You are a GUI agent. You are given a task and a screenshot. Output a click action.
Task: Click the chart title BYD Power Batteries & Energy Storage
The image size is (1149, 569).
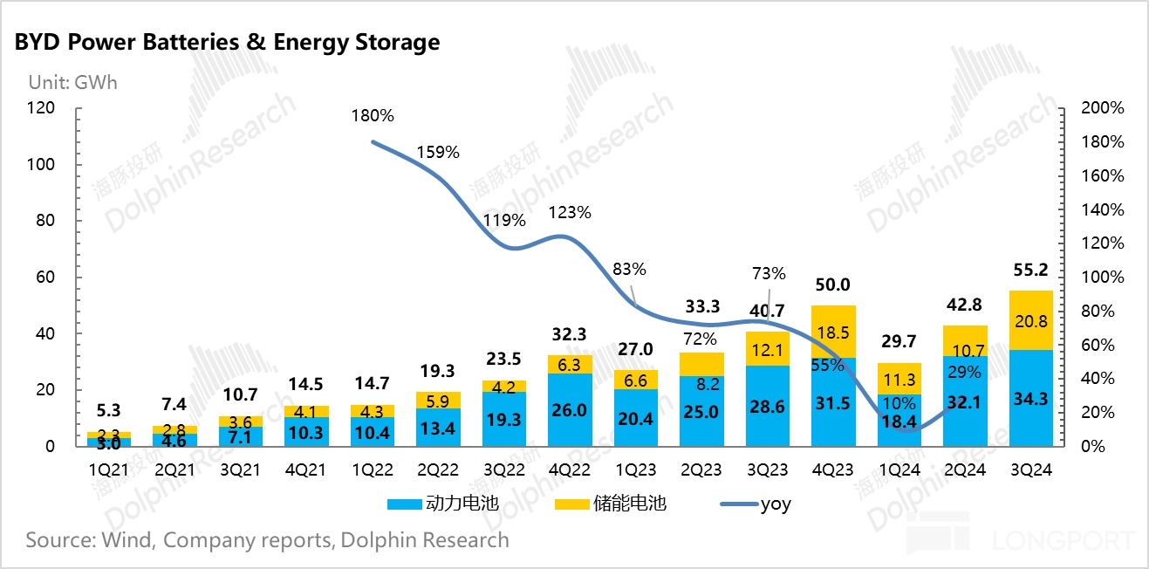[x=227, y=43]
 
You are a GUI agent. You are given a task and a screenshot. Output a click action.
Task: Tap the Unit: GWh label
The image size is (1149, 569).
[x=72, y=83]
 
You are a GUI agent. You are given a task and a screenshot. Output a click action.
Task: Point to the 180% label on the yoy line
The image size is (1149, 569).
[x=373, y=115]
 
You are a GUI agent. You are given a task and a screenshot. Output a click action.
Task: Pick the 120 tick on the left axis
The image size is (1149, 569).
[x=41, y=108]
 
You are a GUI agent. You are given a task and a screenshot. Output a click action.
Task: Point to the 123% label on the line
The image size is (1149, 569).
[x=571, y=212]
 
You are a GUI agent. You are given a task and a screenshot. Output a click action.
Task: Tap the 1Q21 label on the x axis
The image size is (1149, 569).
[x=109, y=470]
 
